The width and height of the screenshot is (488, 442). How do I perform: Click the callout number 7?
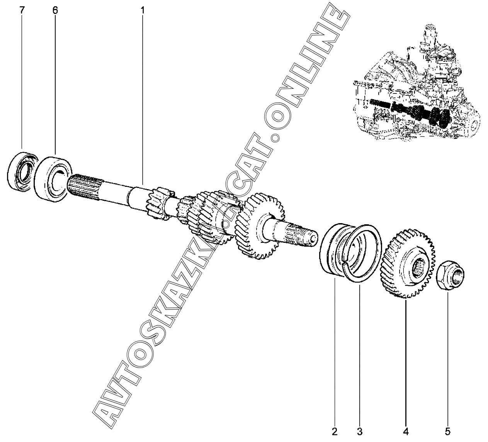pyautogui.click(x=22, y=10)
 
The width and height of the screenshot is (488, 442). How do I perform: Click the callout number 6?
pyautogui.click(x=55, y=10)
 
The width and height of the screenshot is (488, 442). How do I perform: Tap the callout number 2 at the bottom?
pyautogui.click(x=335, y=431)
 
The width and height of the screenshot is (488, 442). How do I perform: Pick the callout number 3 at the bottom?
pyautogui.click(x=360, y=431)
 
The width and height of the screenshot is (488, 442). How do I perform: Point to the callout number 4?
pyautogui.click(x=406, y=431)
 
